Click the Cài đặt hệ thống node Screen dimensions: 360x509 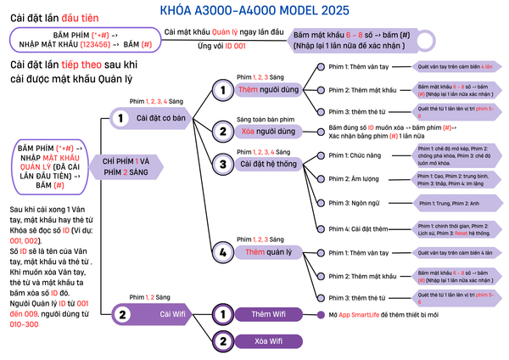271,164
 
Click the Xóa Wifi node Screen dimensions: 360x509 272,341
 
